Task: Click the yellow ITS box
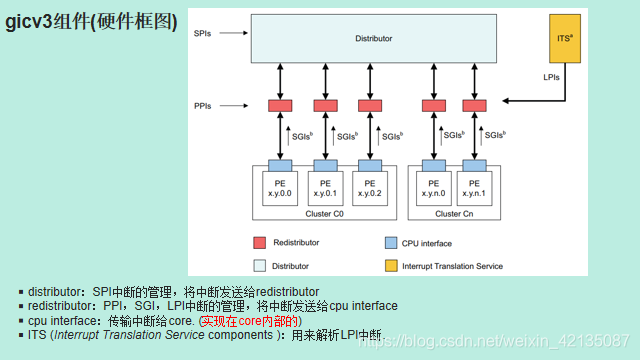point(564,39)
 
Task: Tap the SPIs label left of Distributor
point(203,34)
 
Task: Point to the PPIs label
point(203,104)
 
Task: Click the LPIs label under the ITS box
point(551,76)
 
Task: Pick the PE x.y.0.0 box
point(279,188)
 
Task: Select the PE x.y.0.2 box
point(370,188)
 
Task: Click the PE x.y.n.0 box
point(433,188)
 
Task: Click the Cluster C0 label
point(324,213)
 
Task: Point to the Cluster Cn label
point(455,213)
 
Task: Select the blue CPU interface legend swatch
point(391,243)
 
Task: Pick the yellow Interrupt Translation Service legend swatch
point(391,266)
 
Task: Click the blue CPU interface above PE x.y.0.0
point(279,165)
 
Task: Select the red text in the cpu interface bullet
point(249,320)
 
